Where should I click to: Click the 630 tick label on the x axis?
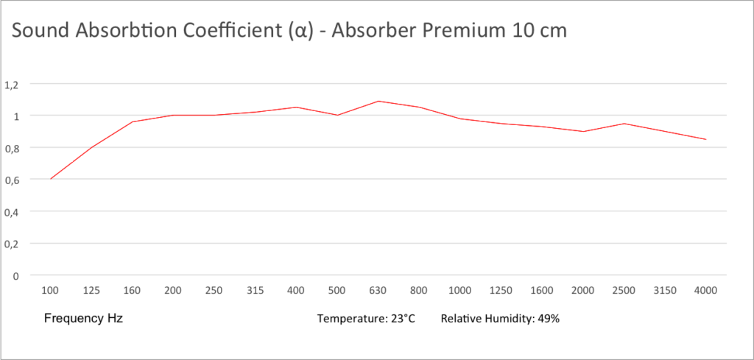pos(378,290)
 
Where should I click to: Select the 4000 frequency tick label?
pos(705,290)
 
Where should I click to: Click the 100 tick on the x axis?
pos(50,290)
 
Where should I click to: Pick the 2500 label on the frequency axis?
pos(624,290)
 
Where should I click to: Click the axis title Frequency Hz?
pos(83,319)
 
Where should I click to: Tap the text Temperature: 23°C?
pos(366,319)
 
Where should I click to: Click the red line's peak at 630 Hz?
pos(378,101)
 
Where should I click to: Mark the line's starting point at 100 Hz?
pos(51,179)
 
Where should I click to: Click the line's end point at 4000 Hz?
pos(705,139)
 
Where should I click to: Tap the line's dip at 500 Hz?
pos(337,115)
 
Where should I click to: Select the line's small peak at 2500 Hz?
pos(624,124)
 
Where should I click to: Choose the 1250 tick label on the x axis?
pos(501,290)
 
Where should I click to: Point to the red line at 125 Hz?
pos(91,147)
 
